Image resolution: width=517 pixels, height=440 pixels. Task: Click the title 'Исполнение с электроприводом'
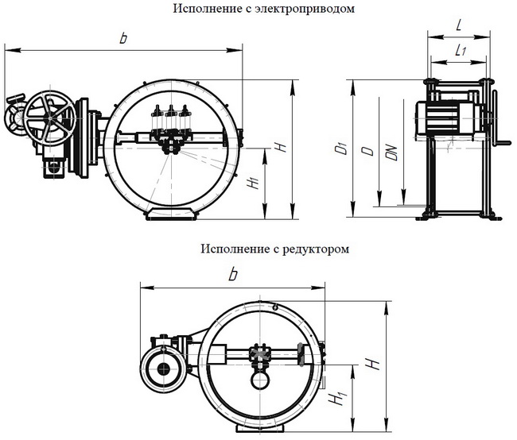point(262,9)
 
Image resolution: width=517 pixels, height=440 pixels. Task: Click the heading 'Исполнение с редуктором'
point(275,249)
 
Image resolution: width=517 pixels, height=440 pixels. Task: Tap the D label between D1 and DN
point(365,151)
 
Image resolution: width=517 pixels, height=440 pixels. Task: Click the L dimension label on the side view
point(461,26)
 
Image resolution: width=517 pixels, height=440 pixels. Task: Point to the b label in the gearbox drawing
point(232,274)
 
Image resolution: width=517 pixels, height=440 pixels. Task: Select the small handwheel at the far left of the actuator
point(14,120)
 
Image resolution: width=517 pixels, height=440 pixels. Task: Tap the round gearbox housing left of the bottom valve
point(164,369)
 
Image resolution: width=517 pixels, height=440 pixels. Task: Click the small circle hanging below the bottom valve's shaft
point(258,380)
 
